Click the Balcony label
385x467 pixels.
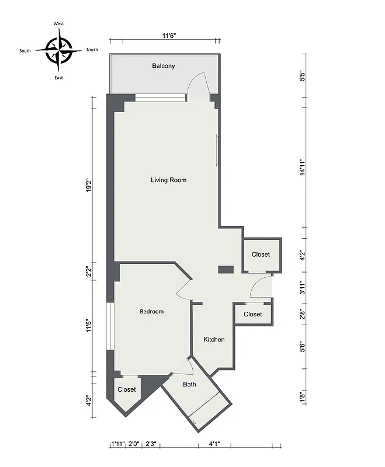click(164, 66)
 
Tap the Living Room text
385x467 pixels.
click(169, 180)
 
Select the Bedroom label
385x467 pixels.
click(151, 312)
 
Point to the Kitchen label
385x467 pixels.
click(214, 340)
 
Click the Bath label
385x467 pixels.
click(189, 384)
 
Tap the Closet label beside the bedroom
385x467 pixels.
click(127, 389)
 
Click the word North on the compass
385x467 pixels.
click(92, 50)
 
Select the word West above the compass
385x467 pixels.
click(59, 23)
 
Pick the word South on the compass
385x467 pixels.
click(25, 51)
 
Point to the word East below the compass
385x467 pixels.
click(59, 78)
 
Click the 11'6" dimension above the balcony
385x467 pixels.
click(169, 36)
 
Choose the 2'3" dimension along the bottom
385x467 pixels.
click(150, 444)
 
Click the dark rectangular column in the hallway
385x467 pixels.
click(226, 269)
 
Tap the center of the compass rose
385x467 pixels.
click(58, 50)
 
